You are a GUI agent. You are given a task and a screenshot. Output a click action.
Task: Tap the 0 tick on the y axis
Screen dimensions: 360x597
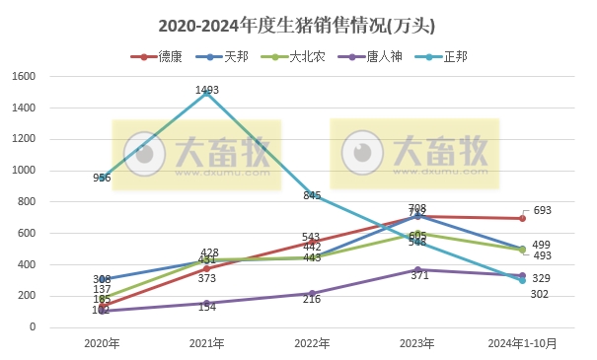[33, 327]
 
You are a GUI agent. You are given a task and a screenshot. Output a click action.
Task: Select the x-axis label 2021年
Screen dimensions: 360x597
[206, 344]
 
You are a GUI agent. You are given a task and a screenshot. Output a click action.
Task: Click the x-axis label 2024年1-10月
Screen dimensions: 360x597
[522, 344]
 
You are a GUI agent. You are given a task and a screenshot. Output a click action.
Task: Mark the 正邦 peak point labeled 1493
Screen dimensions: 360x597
[206, 93]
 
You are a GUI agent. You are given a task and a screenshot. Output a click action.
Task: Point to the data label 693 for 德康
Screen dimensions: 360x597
[541, 210]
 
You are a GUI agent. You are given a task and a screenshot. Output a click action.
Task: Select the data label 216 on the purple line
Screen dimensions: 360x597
[312, 299]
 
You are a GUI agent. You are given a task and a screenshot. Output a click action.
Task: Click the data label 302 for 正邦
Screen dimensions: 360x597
[541, 294]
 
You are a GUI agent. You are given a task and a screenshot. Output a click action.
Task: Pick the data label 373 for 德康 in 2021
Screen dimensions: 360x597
[206, 279]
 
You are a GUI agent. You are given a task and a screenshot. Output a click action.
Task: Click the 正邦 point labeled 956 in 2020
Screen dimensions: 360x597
[102, 178]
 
